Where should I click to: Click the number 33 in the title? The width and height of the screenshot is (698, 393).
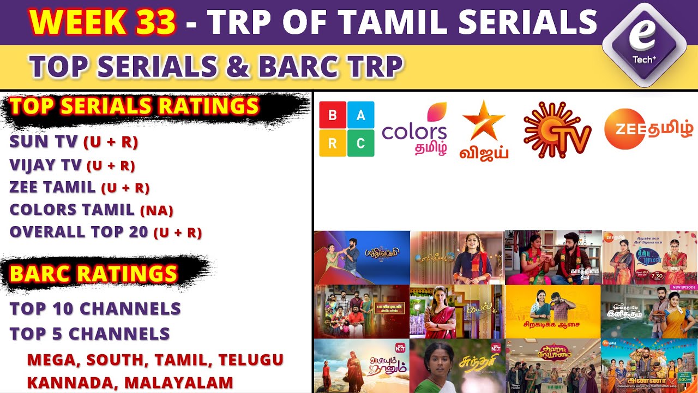[154, 22]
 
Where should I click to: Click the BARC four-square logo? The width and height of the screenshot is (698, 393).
[346, 129]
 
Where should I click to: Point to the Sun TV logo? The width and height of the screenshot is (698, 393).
[557, 130]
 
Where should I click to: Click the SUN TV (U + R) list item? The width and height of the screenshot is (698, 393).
[74, 142]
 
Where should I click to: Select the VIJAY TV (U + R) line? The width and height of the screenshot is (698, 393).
[72, 164]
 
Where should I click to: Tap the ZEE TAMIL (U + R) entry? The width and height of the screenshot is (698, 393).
[80, 187]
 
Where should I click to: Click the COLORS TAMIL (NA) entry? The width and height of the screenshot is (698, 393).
[91, 210]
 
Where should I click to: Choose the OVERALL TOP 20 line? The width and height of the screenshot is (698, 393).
[106, 232]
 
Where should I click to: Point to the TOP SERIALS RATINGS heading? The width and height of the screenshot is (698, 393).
[134, 107]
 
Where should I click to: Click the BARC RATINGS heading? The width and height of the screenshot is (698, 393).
[93, 273]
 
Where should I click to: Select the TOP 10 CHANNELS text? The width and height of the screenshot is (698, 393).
[95, 308]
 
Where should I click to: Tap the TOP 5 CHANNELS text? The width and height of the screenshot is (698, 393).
[90, 334]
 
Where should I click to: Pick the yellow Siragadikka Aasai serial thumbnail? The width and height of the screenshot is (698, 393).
[552, 311]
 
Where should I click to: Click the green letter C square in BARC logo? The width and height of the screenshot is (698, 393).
[360, 143]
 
